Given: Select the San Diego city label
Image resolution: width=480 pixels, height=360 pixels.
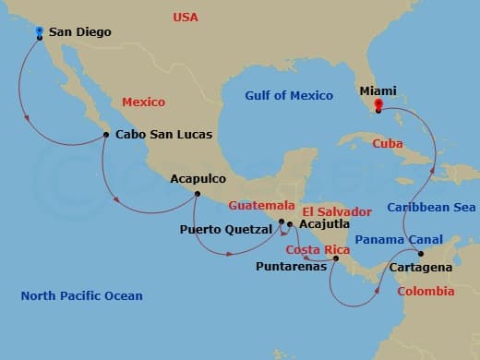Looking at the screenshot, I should coord(79,32).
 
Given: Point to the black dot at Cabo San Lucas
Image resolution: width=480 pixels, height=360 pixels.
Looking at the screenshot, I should coord(106,135).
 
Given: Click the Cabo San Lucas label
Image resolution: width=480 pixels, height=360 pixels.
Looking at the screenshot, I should coord(163,135).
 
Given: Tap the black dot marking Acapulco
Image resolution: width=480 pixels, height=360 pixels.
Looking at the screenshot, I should coord(197,193).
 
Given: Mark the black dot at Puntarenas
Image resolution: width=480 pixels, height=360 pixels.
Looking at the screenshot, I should coord(336,258).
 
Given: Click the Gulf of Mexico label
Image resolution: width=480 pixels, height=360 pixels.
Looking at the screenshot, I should coord(288,96).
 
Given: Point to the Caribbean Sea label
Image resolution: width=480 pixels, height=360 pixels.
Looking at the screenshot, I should coord(431,207).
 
